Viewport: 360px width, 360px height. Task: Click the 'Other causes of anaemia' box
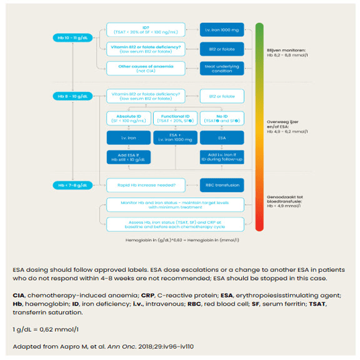coord(146,68)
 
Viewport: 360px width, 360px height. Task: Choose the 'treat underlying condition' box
coord(220,68)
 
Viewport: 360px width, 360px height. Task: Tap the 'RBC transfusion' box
coord(220,185)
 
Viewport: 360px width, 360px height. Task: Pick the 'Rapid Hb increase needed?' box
coord(146,185)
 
